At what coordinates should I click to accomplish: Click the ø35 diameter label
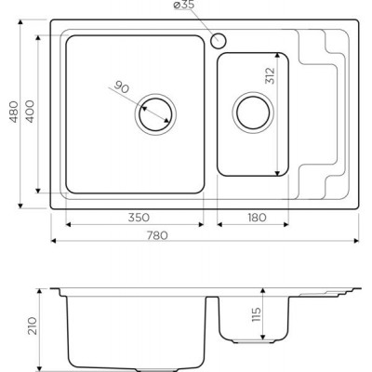(184, 6)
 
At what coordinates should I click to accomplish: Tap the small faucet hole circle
(219, 41)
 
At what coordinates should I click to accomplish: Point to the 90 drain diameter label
(121, 87)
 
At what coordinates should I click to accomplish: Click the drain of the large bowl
(155, 114)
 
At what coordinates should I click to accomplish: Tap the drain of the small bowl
(253, 113)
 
